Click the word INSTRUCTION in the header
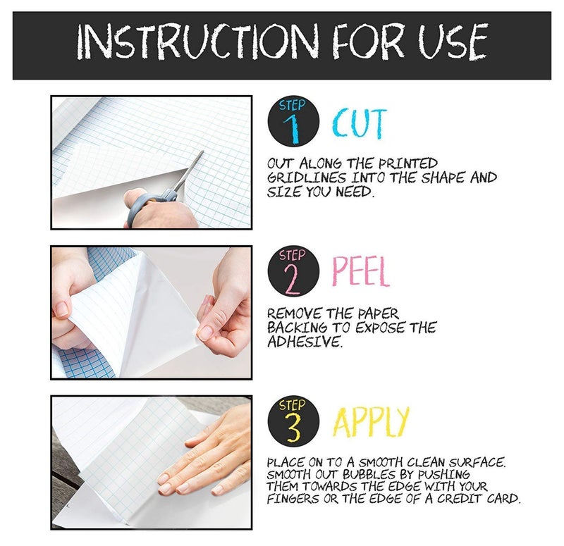[198, 42]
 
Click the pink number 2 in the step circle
[293, 279]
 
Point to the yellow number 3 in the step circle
[293, 428]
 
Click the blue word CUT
[360, 123]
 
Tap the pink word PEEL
[361, 271]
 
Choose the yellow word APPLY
[371, 421]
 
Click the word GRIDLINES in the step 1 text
[307, 178]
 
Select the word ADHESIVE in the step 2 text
[305, 342]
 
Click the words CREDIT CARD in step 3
[479, 499]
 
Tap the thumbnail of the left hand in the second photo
[62, 309]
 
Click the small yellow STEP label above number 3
[292, 405]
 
